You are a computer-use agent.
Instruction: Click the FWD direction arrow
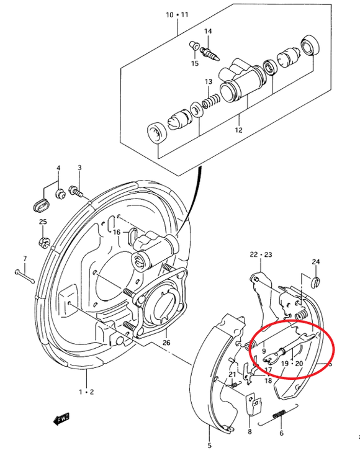point(61,419)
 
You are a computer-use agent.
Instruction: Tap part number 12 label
point(238,130)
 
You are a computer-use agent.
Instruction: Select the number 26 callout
point(166,343)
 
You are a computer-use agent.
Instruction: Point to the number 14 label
point(208,31)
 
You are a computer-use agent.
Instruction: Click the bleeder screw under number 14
point(211,54)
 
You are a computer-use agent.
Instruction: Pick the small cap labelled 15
point(194,45)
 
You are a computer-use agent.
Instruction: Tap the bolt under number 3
point(76,192)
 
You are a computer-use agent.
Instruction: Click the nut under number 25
point(43,242)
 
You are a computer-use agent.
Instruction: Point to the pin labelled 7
point(24,276)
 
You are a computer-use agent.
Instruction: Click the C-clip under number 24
point(316,282)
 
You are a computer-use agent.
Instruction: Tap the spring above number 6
point(279,415)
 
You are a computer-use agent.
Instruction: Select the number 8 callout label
point(250,431)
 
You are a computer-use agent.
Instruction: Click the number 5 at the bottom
point(209,446)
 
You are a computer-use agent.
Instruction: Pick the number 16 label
point(117,232)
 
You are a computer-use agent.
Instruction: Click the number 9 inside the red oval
point(264,351)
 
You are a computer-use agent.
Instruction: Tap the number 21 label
point(233,374)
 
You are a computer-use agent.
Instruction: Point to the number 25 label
point(43,222)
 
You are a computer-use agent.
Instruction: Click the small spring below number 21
point(235,384)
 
